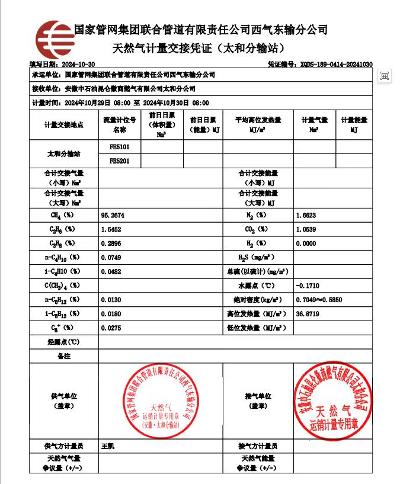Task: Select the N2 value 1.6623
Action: click(307, 214)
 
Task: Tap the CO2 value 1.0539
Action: click(307, 229)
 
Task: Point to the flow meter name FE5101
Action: click(120, 146)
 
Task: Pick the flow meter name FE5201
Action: click(120, 161)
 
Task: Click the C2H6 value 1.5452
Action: click(111, 229)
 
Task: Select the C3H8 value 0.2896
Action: click(111, 243)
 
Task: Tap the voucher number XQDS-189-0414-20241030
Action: click(336, 64)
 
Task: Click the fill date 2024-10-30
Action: click(77, 64)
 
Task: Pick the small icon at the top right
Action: click(385, 76)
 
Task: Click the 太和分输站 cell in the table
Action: click(63, 154)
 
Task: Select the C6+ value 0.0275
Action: click(111, 328)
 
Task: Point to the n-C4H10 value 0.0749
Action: click(111, 257)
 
